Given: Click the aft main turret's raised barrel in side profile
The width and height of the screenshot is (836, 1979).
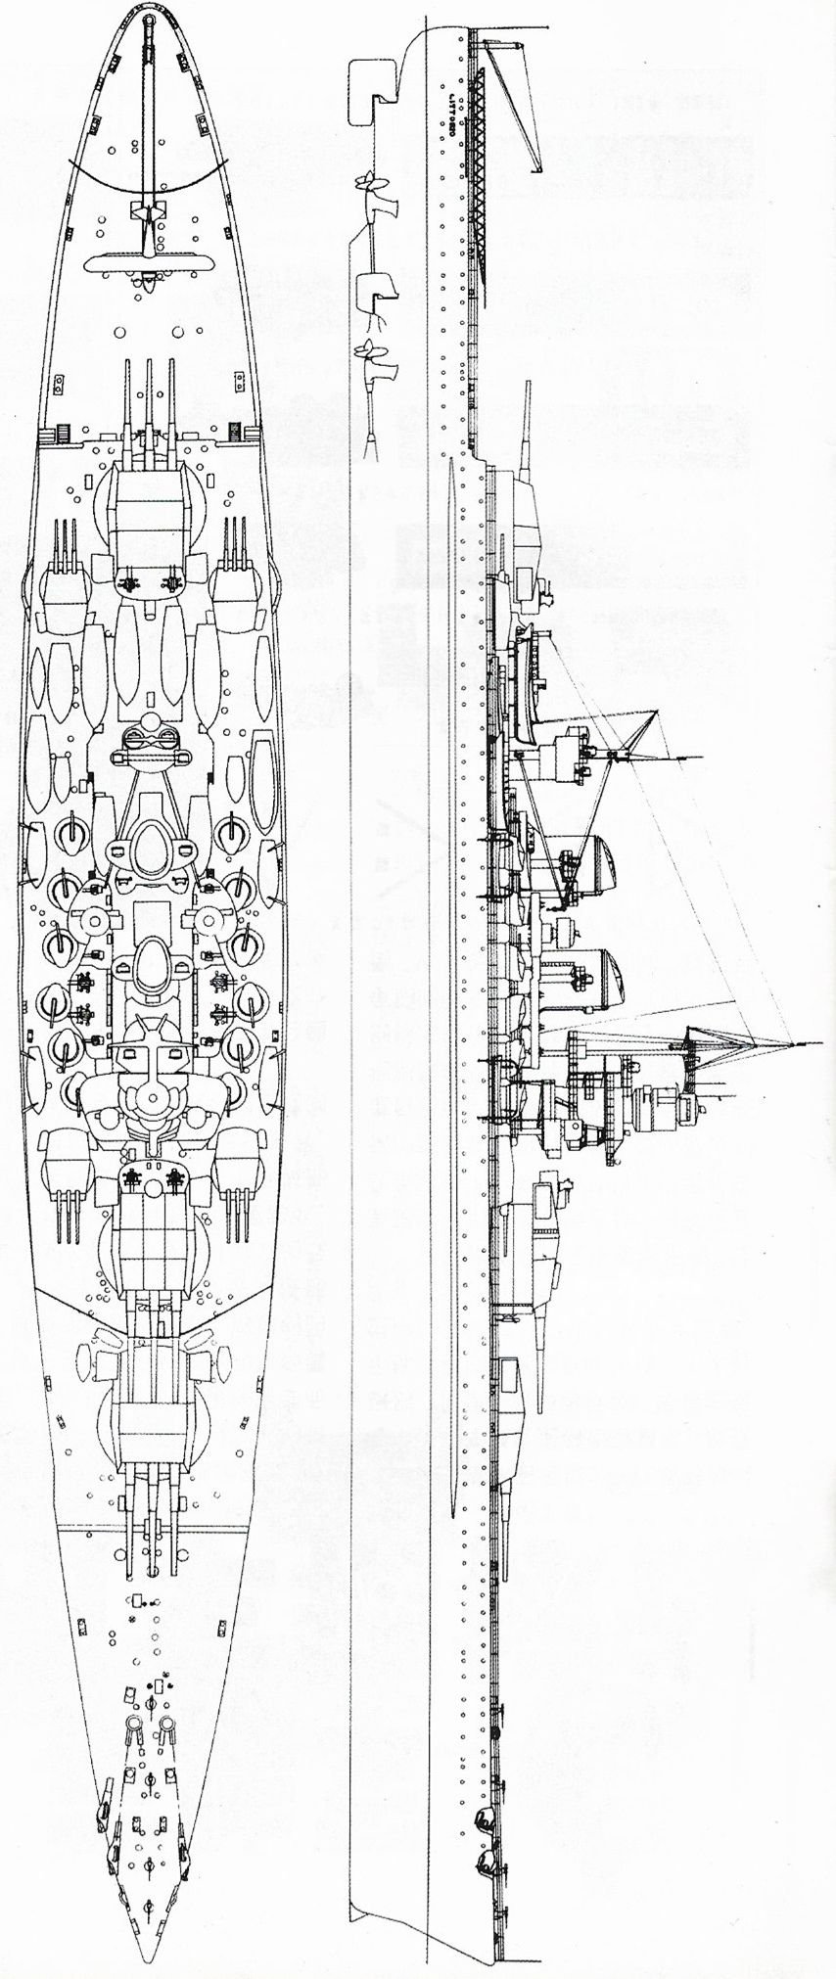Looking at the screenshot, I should (x=527, y=421).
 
